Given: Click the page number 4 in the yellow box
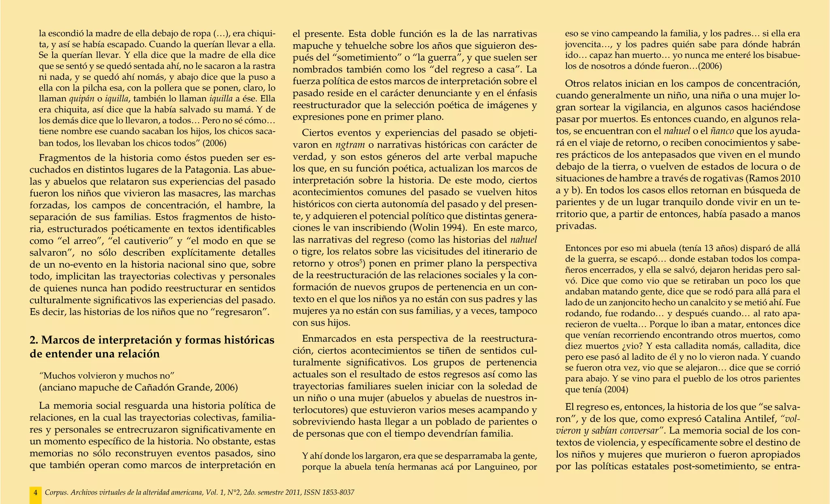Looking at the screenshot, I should pos(35,493).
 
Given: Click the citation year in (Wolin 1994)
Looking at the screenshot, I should pos(455,227).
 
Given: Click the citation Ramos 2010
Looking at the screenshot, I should pos(774,178).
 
